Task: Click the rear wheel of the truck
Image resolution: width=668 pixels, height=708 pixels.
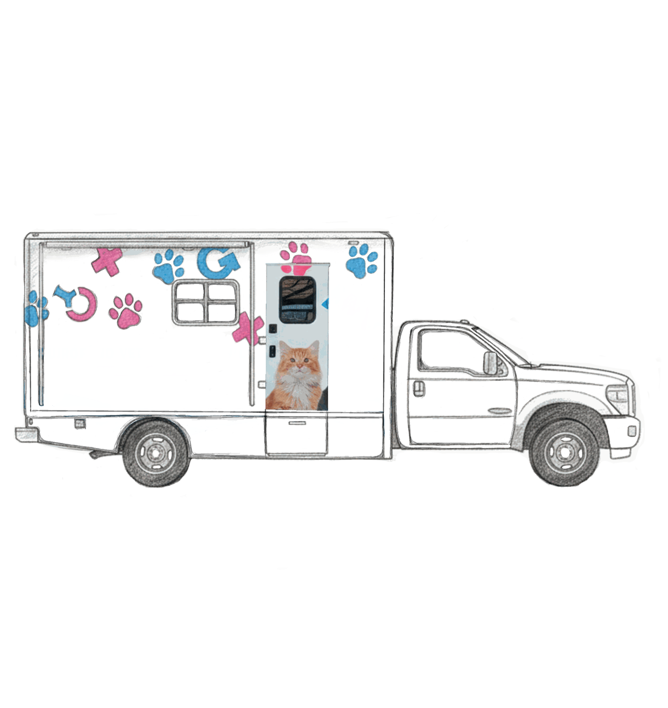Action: click(x=155, y=453)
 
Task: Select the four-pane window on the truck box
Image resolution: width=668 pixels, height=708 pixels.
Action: click(x=206, y=302)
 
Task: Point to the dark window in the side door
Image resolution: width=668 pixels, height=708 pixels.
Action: click(x=297, y=299)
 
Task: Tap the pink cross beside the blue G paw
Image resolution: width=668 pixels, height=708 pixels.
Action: click(x=107, y=261)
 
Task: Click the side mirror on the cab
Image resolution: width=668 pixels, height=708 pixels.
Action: click(x=491, y=363)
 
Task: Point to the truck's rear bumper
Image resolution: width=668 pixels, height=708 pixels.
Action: click(x=27, y=435)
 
